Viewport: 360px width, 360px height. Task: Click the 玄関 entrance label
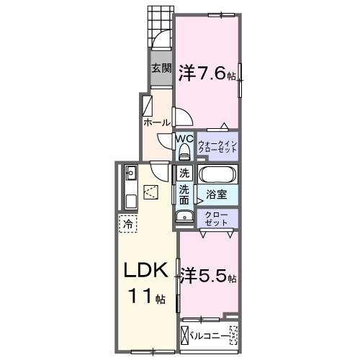(161, 69)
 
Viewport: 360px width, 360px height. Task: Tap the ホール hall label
(156, 122)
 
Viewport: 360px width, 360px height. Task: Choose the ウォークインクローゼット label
(217, 147)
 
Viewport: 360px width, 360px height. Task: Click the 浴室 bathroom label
(216, 194)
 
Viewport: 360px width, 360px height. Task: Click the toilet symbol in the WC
(184, 151)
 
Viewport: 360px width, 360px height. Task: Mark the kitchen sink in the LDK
(131, 172)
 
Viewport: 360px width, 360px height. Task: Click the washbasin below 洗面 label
(181, 217)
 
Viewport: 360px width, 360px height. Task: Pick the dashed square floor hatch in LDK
(152, 191)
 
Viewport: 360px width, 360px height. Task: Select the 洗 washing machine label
(184, 173)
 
